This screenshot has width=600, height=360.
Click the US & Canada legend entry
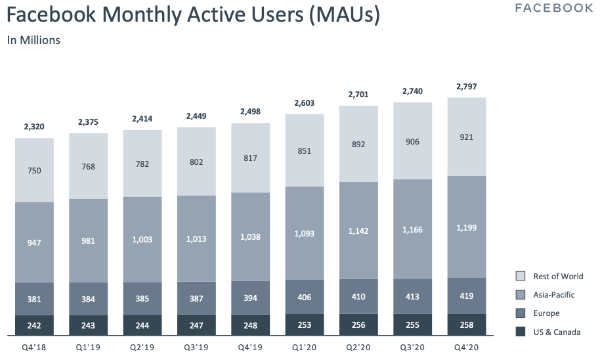[x=557, y=332]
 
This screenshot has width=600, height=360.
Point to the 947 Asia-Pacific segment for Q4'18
[x=34, y=242]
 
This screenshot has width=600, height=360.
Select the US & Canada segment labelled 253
[x=305, y=325]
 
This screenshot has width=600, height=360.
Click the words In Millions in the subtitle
[x=33, y=40]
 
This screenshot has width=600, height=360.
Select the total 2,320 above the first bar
[x=34, y=127]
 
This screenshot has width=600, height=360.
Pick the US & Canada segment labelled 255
[x=412, y=325]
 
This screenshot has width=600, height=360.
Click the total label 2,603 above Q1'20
[x=305, y=103]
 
